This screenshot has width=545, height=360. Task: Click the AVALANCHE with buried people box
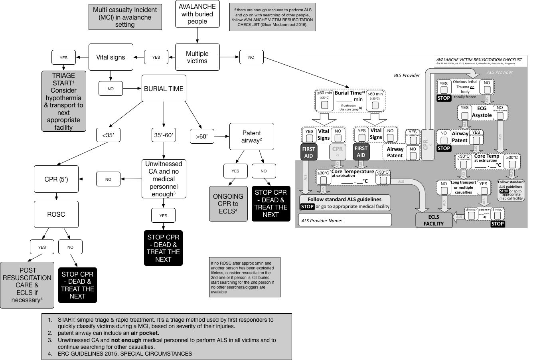point(197,14)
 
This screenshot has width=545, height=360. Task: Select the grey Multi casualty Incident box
point(125,17)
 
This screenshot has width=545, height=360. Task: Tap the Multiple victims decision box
point(197,57)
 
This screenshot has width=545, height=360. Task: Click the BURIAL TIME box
point(164,89)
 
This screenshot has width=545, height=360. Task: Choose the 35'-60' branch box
point(164,136)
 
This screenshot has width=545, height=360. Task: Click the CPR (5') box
point(56,179)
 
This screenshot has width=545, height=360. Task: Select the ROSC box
point(56,214)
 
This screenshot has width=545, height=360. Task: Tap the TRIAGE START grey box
point(63,101)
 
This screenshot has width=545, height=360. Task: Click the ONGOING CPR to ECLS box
point(228,204)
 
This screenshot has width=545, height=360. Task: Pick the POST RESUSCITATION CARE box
point(27,285)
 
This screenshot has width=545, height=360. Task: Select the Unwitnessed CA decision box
point(164,179)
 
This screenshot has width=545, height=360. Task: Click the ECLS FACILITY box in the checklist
point(434,220)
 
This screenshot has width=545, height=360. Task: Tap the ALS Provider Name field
point(345,220)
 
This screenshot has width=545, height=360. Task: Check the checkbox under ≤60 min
point(324,105)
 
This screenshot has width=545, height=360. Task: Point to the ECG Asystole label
point(482,112)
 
